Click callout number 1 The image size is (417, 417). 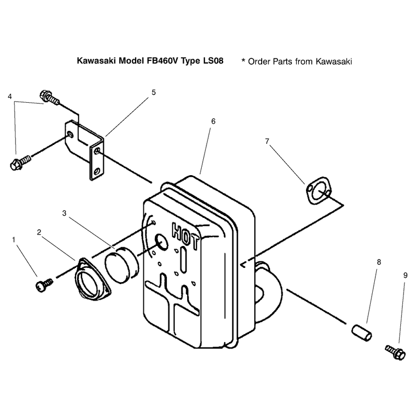tap(14, 240)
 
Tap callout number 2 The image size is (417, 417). tap(39, 232)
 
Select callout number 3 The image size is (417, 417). tap(64, 213)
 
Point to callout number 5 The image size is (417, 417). tap(154, 93)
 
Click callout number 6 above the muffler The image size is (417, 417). tap(213, 121)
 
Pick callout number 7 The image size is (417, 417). tap(267, 141)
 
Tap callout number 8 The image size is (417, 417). tap(379, 262)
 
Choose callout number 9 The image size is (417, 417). tap(406, 275)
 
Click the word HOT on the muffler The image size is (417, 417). tap(186, 236)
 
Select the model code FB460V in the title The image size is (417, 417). tap(163, 60)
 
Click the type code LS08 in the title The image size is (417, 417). tap(213, 60)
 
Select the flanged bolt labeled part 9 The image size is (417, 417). tap(396, 352)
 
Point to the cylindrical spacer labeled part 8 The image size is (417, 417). tap(361, 333)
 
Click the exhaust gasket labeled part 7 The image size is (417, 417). tap(319, 191)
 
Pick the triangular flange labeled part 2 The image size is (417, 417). tap(93, 279)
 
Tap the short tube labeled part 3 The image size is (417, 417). tap(122, 265)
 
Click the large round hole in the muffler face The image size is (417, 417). tap(162, 242)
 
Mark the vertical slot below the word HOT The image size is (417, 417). tap(183, 260)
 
